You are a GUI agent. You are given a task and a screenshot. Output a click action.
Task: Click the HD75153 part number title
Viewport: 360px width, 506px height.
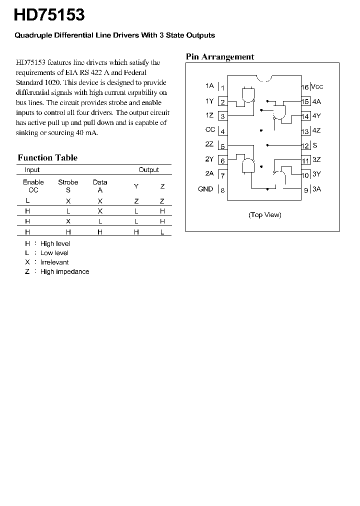click(49, 15)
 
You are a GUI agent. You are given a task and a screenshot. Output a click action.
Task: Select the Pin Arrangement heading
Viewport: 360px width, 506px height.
click(220, 57)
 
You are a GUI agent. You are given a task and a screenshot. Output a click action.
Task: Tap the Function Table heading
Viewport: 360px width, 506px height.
click(47, 158)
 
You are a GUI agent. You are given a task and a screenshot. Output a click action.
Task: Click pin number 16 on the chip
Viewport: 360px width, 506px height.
click(304, 87)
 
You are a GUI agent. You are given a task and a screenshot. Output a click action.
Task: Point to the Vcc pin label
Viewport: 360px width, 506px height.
click(317, 86)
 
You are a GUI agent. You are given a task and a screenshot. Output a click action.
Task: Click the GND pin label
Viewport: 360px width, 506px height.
click(205, 189)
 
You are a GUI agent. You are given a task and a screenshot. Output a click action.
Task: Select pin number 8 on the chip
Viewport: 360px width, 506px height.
click(222, 190)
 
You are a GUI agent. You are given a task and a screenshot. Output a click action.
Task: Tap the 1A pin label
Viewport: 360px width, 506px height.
click(209, 86)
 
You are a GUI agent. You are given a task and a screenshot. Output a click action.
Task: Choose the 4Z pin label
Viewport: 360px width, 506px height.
click(316, 130)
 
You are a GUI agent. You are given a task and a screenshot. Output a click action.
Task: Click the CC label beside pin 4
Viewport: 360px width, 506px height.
click(210, 130)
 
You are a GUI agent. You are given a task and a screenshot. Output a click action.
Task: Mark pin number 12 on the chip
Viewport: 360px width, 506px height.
click(305, 146)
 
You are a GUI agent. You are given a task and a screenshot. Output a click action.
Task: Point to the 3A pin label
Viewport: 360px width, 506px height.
click(316, 189)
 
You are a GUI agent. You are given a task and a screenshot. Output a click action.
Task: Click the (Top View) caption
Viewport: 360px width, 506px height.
click(265, 215)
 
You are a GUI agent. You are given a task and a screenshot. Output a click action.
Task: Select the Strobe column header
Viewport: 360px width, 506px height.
click(68, 182)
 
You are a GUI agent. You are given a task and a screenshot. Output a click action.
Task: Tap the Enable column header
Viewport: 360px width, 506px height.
click(33, 182)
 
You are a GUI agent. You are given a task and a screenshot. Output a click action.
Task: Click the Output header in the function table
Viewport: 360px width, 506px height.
click(148, 170)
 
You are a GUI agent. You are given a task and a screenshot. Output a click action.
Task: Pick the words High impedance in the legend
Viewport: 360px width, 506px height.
click(65, 271)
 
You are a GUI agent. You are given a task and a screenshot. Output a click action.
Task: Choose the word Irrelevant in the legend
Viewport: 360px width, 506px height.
click(54, 262)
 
